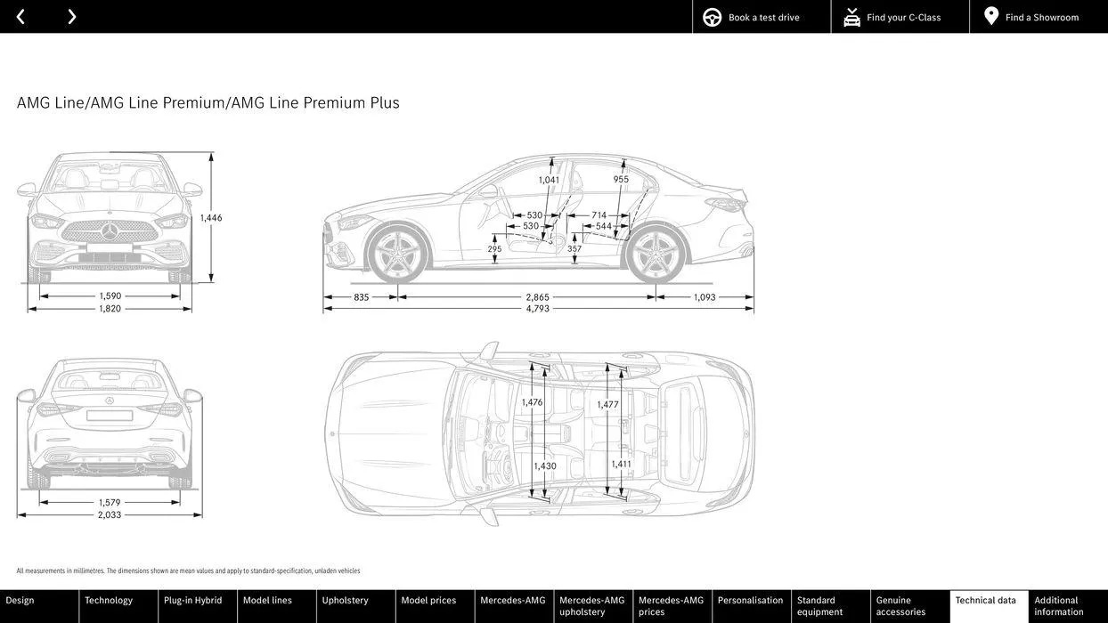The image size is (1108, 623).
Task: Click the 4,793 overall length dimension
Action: (x=537, y=309)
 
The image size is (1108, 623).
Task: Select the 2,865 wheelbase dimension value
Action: (x=537, y=297)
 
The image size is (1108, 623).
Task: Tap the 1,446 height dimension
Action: (x=211, y=217)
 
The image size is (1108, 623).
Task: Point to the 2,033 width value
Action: (x=110, y=514)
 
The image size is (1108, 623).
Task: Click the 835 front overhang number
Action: (x=361, y=297)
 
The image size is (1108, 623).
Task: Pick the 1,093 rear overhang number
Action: (x=705, y=297)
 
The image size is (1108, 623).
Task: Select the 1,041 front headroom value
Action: (x=549, y=180)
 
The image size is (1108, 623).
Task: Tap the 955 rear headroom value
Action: (x=621, y=179)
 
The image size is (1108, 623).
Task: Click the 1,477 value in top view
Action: (x=607, y=404)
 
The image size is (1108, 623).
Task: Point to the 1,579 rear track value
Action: (x=110, y=502)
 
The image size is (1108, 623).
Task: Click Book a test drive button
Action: (x=762, y=17)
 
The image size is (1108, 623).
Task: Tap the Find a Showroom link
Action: (x=1039, y=17)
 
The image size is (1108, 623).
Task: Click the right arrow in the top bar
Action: (x=72, y=17)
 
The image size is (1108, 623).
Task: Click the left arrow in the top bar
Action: (x=20, y=17)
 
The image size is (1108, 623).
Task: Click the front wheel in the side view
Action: (x=398, y=253)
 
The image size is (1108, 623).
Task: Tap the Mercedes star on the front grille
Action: (x=110, y=231)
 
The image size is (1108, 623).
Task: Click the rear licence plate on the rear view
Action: (x=110, y=416)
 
